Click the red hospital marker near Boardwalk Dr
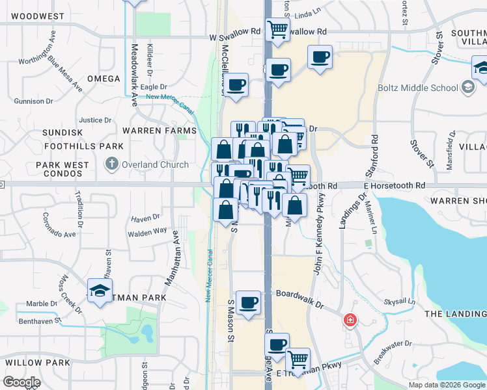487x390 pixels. click(x=350, y=320)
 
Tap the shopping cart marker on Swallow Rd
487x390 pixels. click(x=278, y=29)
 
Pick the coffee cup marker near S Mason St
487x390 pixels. click(x=248, y=303)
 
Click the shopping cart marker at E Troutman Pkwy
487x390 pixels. click(x=298, y=359)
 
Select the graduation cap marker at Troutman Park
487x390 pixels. click(x=100, y=290)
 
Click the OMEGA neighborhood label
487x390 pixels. click(x=104, y=79)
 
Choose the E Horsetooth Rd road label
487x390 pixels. click(x=394, y=186)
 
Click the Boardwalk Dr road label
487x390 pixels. click(x=299, y=294)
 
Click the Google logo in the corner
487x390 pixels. click(x=21, y=382)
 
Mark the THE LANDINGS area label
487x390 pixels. click(x=455, y=314)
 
